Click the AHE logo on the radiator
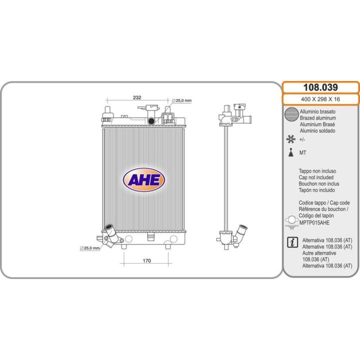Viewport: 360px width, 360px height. click(x=144, y=180)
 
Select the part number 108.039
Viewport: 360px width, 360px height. click(x=320, y=87)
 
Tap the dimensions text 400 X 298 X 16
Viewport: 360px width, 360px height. click(x=320, y=99)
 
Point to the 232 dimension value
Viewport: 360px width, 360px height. click(x=137, y=97)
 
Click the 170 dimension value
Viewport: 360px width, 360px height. click(x=146, y=260)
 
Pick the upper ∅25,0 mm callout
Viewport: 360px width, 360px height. click(x=181, y=100)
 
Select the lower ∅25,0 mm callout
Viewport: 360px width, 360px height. click(x=90, y=248)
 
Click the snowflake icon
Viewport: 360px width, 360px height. click(x=291, y=139)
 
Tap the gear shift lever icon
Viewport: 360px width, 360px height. click(x=291, y=152)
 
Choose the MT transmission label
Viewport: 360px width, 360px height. click(x=302, y=152)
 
